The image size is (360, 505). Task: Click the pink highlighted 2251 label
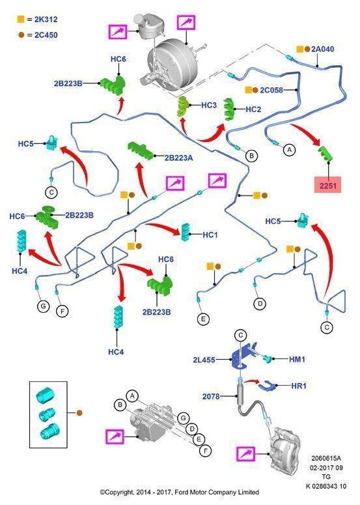328,185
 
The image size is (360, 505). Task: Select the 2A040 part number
323,50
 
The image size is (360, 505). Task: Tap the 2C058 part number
271,90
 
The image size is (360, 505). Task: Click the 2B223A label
178,158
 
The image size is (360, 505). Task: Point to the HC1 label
210,235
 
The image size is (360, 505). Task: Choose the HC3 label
209,106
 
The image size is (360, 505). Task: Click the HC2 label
253,109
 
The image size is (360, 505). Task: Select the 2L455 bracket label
204,360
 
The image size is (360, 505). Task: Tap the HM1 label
297,359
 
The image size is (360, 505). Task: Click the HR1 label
299,386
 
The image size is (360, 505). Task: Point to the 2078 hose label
211,396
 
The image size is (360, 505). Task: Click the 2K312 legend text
46,20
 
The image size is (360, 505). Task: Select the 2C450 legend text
46,35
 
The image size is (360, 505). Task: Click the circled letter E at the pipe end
203,319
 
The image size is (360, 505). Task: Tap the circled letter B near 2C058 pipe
251,156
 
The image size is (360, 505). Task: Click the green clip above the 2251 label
325,154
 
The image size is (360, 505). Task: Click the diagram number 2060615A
326,458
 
